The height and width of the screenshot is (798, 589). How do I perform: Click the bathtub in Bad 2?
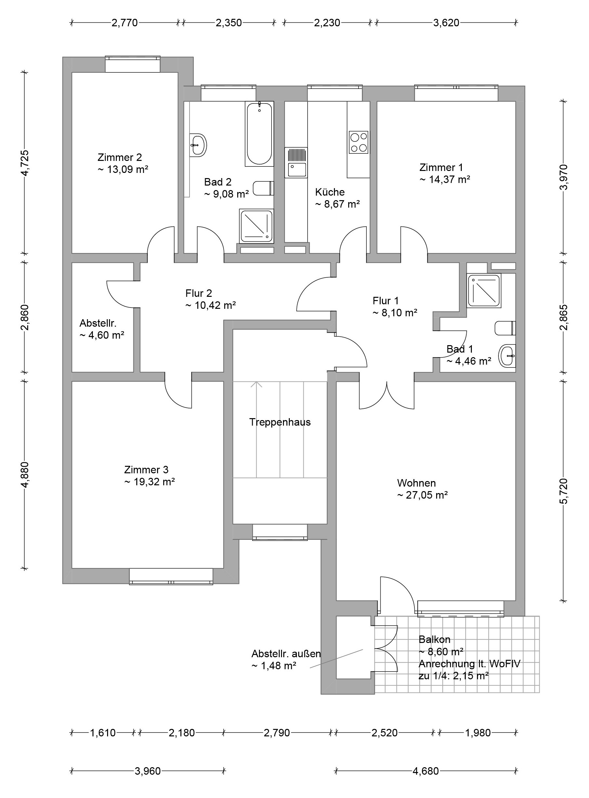tap(259, 134)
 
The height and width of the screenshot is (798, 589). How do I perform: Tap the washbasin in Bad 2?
tap(198, 145)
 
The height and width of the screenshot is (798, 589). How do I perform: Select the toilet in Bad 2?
tap(263, 188)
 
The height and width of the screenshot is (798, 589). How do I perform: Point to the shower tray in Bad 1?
tap(484, 290)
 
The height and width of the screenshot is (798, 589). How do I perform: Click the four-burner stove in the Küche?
tap(358, 142)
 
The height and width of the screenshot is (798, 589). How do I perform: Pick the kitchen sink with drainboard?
tap(296, 163)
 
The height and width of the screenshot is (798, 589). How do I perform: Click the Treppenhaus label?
tap(280, 422)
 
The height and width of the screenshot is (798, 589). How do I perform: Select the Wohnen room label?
tap(416, 483)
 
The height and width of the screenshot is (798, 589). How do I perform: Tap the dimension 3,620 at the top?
tap(446, 23)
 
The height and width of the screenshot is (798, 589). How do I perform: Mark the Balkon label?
tap(434, 639)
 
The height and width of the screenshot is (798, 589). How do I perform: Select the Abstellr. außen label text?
tap(286, 654)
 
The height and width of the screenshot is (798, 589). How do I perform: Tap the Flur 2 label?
tap(199, 293)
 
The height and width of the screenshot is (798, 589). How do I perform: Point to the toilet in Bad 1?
tap(505, 328)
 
